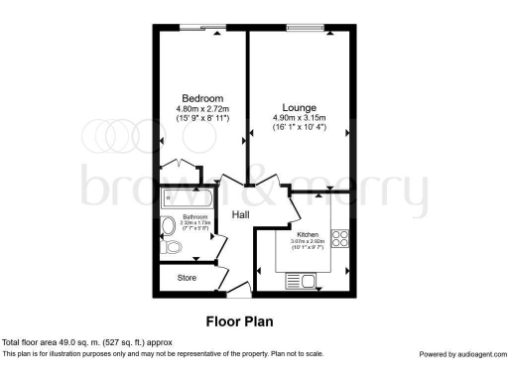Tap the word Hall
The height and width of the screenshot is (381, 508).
click(241, 214)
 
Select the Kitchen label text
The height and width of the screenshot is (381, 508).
click(308, 235)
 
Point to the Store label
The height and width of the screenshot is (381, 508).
click(188, 278)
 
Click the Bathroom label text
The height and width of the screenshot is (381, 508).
click(194, 217)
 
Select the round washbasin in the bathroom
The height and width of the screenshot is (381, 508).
click(167, 224)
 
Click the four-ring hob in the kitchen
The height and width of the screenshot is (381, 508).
click(339, 238)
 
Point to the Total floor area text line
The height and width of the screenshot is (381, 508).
click(87, 342)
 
